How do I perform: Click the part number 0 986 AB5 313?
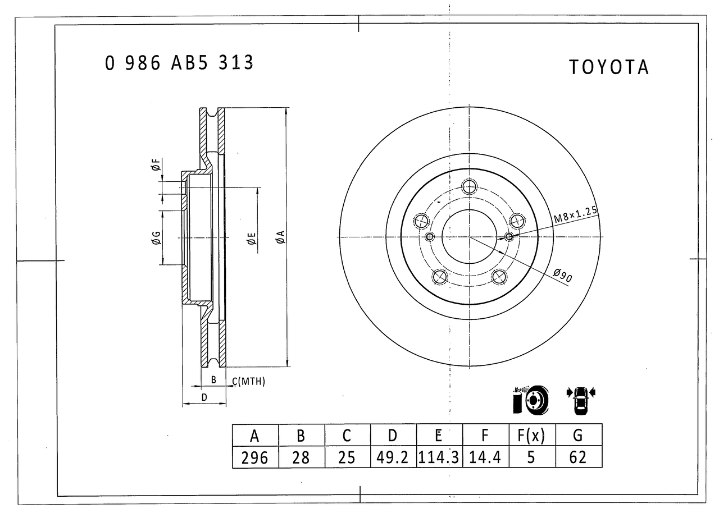tap(179, 62)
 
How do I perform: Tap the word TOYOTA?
tap(609, 67)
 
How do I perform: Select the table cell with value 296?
tap(255, 457)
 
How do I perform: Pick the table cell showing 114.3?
tap(439, 457)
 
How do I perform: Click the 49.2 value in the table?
tap(393, 457)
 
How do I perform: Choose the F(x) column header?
tap(532, 436)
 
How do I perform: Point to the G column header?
tap(579, 436)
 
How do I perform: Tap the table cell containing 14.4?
tap(486, 457)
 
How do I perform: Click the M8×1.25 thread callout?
tap(576, 214)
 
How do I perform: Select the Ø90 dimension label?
tap(563, 276)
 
